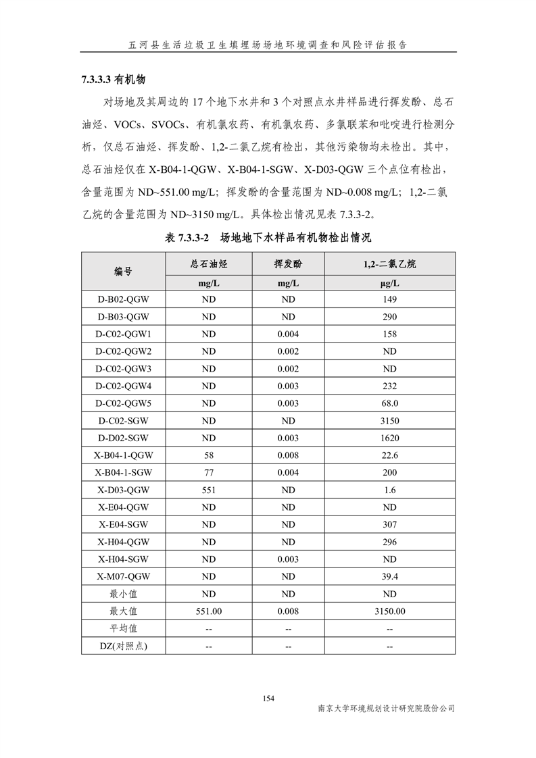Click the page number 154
[268, 698]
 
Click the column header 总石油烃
[208, 263]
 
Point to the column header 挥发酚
[288, 263]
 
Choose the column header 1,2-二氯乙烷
[389, 263]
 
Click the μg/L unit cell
[389, 283]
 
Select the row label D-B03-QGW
[123, 316]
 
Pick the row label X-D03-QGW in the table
[123, 490]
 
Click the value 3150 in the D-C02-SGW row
[389, 420]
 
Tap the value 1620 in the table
[389, 438]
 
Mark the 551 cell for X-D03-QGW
[208, 490]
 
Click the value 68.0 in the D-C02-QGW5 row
[389, 403]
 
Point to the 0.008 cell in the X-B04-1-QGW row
[288, 455]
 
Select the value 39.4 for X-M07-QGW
[389, 576]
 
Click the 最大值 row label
[123, 611]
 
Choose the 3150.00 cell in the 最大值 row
[389, 611]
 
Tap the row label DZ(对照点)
[123, 646]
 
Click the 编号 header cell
[123, 272]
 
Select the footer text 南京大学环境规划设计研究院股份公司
[386, 708]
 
